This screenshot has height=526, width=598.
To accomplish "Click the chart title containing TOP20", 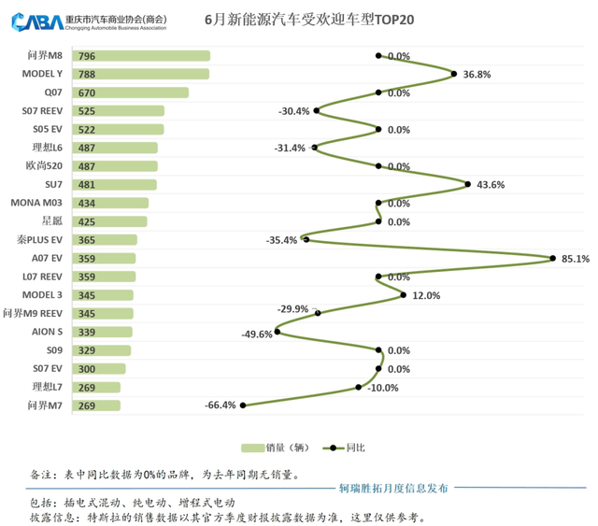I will (307, 21).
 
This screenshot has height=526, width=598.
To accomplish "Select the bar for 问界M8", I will (139, 57).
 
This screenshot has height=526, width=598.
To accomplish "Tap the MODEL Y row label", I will (42, 74).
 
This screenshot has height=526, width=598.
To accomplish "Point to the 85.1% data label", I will (574, 260).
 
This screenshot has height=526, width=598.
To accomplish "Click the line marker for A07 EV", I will (553, 259).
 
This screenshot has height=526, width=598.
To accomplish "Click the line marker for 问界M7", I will (244, 405).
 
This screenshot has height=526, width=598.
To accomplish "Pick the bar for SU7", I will (112, 185).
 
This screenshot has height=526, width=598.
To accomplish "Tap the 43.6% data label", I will (491, 185).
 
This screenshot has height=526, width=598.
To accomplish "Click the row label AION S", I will (46, 332).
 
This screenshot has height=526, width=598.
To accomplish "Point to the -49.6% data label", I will (256, 334).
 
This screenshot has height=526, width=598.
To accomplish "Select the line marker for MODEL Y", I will (454, 75).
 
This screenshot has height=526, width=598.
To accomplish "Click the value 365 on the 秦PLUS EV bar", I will (88, 240).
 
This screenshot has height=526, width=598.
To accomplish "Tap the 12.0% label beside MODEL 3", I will (425, 295).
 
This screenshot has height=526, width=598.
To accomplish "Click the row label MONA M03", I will (36, 203).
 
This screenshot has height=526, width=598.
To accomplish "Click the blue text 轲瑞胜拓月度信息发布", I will (392, 488).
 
